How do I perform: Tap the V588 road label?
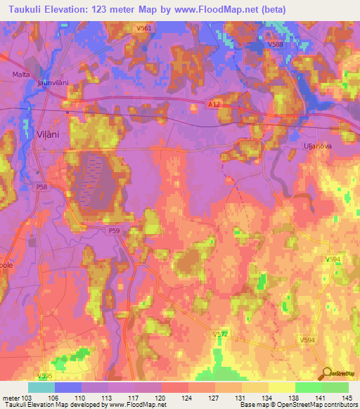pos(275,44)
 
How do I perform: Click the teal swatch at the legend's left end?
pos(41,387)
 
